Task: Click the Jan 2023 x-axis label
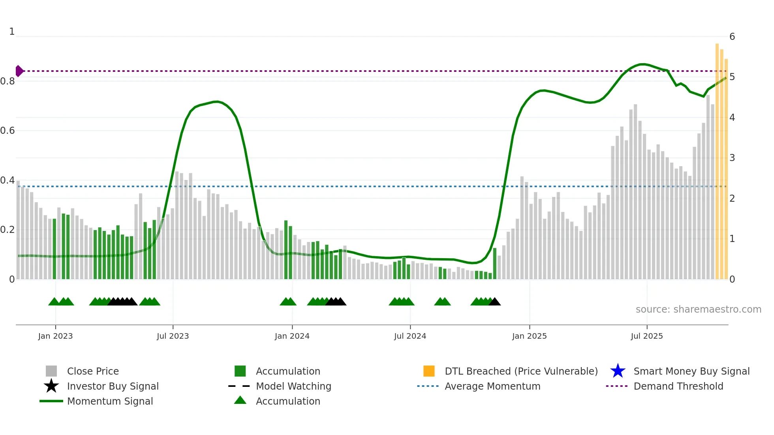pyautogui.click(x=55, y=336)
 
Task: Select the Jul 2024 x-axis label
pyautogui.click(x=410, y=336)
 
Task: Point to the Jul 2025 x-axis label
pyautogui.click(x=646, y=336)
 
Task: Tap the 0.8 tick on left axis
pyautogui.click(x=8, y=81)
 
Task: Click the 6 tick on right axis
pyautogui.click(x=732, y=37)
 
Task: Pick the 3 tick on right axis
pyautogui.click(x=732, y=158)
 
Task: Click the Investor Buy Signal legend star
pyautogui.click(x=51, y=386)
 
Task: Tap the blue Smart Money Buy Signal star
pyautogui.click(x=618, y=371)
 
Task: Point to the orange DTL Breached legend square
pyautogui.click(x=429, y=371)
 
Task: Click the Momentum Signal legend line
pyautogui.click(x=51, y=401)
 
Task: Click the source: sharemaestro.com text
pyautogui.click(x=698, y=309)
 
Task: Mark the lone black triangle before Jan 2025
pyautogui.click(x=494, y=302)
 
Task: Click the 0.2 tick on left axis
pyautogui.click(x=8, y=230)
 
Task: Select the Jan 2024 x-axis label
pyautogui.click(x=292, y=336)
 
